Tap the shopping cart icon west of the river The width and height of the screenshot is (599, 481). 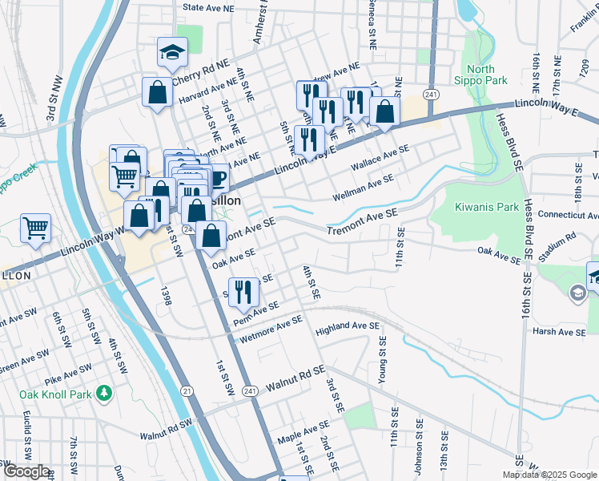pyautogui.click(x=35, y=228)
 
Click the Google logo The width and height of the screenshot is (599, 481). pyautogui.click(x=26, y=471)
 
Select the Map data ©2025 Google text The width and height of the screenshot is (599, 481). pyautogui.click(x=549, y=475)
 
